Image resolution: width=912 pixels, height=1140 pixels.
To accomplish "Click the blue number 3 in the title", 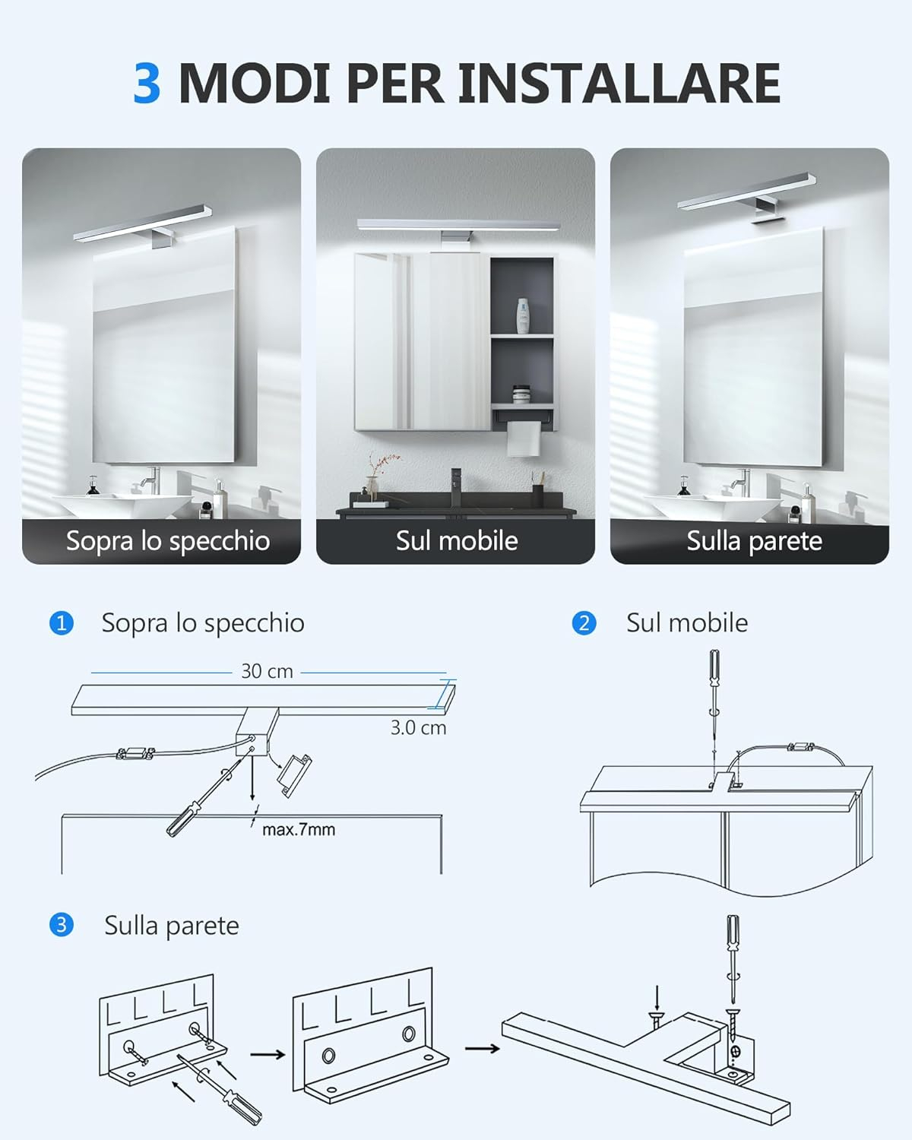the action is coord(147,83).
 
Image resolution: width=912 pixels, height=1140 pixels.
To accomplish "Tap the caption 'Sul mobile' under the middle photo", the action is coord(457,541).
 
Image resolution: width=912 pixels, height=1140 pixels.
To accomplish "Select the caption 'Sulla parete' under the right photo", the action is coord(754,541).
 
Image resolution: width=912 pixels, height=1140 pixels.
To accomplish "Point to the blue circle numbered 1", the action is coord(62,623).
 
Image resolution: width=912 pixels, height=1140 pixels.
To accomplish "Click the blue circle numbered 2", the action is coord(584,623).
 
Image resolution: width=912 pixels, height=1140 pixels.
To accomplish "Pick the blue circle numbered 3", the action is coord(62,926).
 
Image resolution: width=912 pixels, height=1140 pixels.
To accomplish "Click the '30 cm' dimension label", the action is coord(267,671).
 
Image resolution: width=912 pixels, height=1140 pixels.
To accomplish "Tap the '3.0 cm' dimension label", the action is coord(419,728).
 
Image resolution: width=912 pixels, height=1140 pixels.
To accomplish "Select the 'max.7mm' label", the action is coord(299,829).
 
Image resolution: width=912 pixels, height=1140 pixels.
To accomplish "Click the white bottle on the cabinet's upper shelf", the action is coord(523,315).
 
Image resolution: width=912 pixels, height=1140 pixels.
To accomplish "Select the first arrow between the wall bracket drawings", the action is coord(268,1055).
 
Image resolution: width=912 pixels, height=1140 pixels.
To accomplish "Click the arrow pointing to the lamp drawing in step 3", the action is coord(483,1048).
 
